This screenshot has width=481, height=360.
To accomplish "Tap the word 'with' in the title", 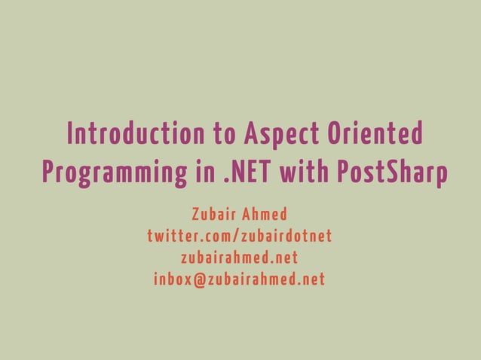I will (x=300, y=172).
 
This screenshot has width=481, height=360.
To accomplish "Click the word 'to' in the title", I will (x=223, y=136).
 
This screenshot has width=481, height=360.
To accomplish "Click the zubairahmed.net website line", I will (x=240, y=258).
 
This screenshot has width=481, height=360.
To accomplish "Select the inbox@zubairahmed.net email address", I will (x=240, y=280).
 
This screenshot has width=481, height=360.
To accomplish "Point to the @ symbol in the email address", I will (x=200, y=281).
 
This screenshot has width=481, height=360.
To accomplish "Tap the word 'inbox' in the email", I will (x=173, y=280).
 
